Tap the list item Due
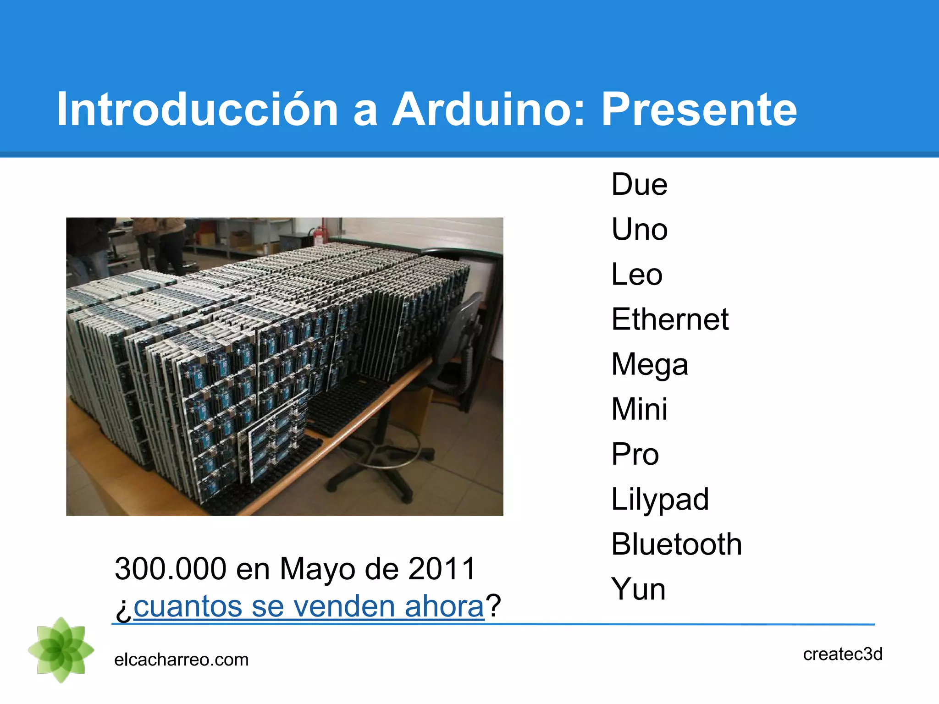[x=639, y=185]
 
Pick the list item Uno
[x=639, y=229]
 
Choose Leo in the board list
[x=637, y=274]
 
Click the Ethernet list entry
[x=670, y=319]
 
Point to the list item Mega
[x=650, y=365]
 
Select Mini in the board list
[x=639, y=409]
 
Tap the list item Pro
[x=635, y=454]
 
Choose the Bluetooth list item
[x=676, y=544]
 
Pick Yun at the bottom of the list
[x=638, y=589]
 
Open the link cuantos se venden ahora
[x=309, y=606]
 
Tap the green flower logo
[x=61, y=650]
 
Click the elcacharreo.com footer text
[x=181, y=660]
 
